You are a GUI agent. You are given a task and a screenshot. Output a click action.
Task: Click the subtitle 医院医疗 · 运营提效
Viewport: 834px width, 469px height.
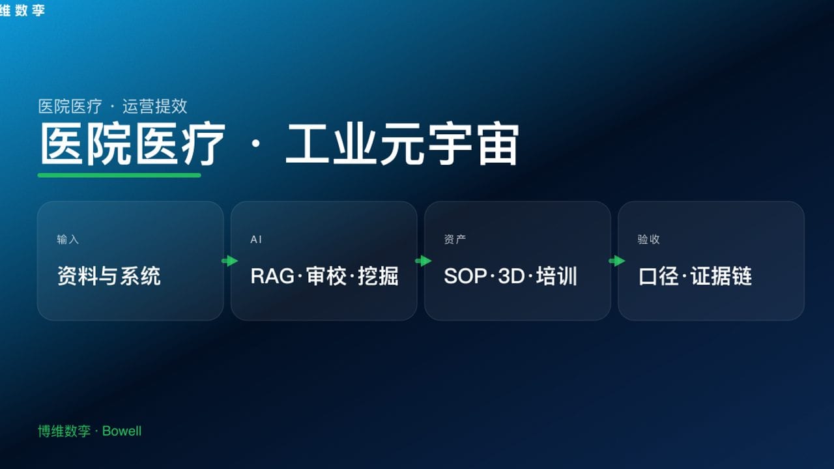click(x=113, y=106)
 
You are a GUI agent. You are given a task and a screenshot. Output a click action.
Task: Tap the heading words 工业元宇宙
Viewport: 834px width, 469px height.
click(x=402, y=145)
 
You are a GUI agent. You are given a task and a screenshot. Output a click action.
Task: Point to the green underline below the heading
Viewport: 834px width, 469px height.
click(x=119, y=175)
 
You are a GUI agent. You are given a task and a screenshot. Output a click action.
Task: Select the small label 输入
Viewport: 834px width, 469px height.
click(x=68, y=240)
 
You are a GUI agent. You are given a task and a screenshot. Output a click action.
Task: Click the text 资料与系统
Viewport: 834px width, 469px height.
click(x=109, y=276)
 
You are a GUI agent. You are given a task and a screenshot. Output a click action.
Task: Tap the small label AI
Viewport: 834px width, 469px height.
click(x=256, y=240)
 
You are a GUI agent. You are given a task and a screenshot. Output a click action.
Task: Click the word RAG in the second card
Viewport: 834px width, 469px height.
click(x=272, y=276)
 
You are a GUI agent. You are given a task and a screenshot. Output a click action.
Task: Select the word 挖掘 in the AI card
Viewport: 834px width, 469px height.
click(x=378, y=276)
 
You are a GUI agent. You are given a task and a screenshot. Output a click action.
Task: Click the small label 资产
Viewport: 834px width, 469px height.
click(x=455, y=240)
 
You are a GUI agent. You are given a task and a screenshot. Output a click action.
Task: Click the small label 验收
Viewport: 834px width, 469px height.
click(x=648, y=240)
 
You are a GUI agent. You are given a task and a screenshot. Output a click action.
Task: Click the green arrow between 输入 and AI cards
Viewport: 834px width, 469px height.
click(x=229, y=261)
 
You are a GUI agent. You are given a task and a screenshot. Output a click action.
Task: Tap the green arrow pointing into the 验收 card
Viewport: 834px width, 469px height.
click(x=616, y=261)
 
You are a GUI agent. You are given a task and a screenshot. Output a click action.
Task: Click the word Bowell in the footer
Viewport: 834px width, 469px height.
click(x=122, y=431)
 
